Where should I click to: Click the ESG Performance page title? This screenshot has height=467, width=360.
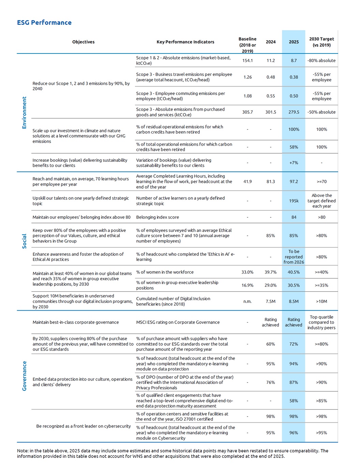[x=44, y=22]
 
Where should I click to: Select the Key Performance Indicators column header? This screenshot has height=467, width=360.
[x=185, y=42]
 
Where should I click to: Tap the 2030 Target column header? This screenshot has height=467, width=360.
[x=321, y=42]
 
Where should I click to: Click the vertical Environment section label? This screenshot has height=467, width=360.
[x=24, y=112]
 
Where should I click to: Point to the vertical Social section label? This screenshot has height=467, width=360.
[x=24, y=241]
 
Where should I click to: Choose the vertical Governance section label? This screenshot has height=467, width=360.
[x=24, y=376]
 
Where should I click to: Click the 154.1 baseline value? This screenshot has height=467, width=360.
[x=247, y=60]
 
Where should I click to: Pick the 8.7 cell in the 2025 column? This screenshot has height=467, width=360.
[x=294, y=60]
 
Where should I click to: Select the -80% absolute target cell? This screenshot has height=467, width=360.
[x=321, y=60]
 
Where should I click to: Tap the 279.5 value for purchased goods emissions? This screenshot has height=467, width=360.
[x=294, y=112]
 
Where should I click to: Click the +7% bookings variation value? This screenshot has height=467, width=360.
[x=294, y=163]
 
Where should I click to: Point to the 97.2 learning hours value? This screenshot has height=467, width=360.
[x=294, y=182]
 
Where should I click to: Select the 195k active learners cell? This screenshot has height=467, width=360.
[x=294, y=201]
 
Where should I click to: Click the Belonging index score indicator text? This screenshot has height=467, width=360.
[x=157, y=217]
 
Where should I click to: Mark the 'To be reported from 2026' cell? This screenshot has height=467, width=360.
[x=294, y=257]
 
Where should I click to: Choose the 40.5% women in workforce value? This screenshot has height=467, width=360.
[x=294, y=272]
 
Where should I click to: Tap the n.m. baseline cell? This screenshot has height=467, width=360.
[x=247, y=301]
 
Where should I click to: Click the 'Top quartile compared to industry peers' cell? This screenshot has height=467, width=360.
[x=321, y=322]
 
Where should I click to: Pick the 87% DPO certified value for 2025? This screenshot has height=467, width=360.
[x=294, y=382]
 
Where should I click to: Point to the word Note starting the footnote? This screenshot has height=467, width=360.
[x=23, y=451]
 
